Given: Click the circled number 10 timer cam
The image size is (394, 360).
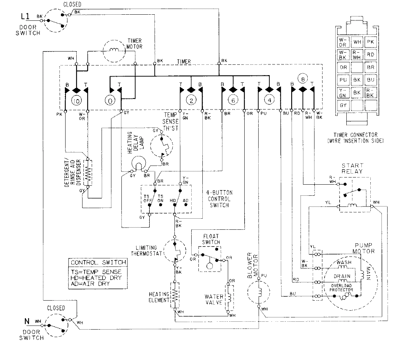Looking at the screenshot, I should point(76,101).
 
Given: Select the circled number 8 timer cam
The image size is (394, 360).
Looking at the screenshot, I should point(303,79).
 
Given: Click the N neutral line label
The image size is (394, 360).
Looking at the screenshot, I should point(27,321).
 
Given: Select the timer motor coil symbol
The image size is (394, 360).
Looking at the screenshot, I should point(115,50).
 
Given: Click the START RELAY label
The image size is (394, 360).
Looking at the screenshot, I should point(352,169).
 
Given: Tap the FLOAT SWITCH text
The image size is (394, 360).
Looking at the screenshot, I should point(211,239).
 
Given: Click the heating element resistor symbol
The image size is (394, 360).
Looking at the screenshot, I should point(175,295).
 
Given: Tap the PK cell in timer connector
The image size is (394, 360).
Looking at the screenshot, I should point(370,42).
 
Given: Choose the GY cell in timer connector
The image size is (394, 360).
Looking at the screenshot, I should point(343,106).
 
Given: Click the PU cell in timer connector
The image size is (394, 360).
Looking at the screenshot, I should point(343,80).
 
